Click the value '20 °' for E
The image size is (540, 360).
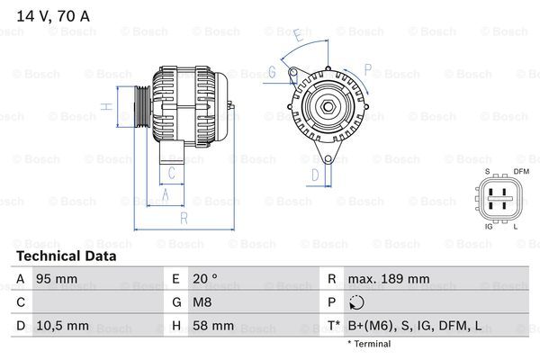[x=205, y=280]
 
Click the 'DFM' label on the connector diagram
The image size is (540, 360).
[x=521, y=171]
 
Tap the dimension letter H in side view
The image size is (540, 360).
[x=106, y=107]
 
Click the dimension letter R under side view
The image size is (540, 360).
[x=183, y=217]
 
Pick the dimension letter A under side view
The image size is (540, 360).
[x=164, y=193]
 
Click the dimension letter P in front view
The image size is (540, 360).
[x=367, y=67]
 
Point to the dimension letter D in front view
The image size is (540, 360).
[x=315, y=174]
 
